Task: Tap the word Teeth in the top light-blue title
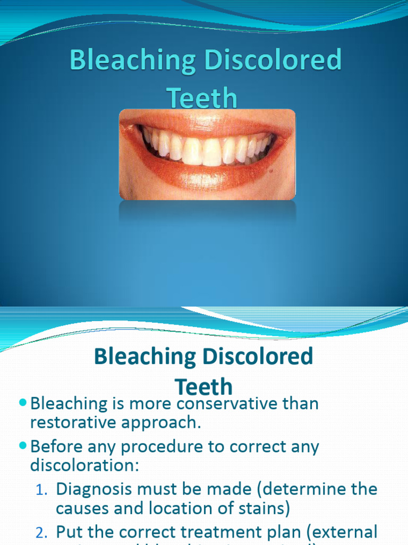pyautogui.click(x=202, y=98)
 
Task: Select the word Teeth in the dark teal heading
pyautogui.click(x=203, y=386)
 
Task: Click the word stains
pyautogui.click(x=263, y=508)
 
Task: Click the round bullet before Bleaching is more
pyautogui.click(x=22, y=403)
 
